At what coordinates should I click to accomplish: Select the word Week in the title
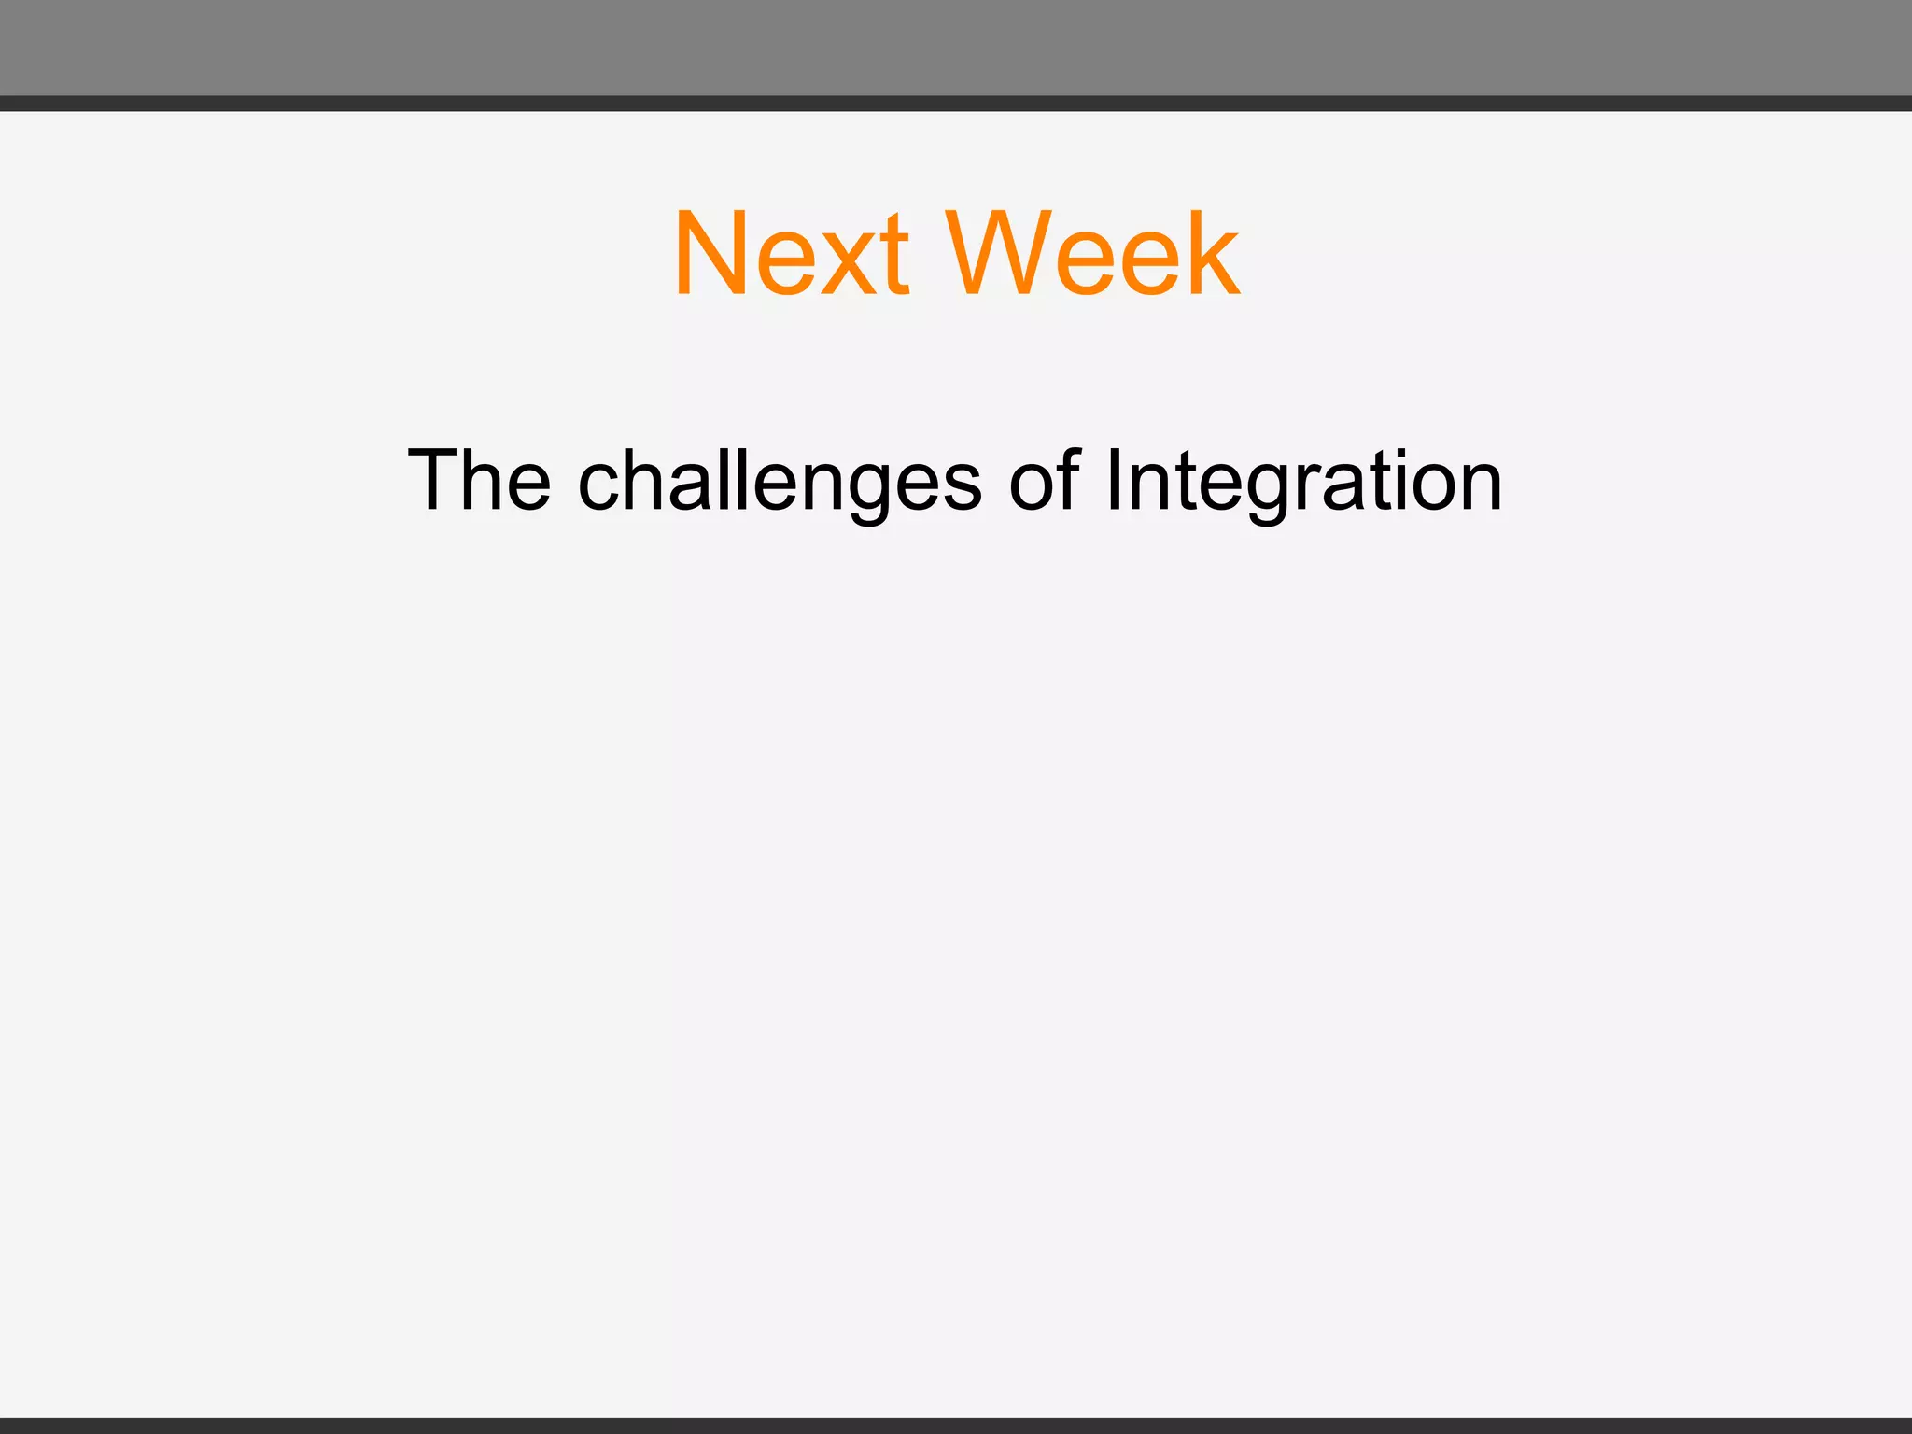point(1092,253)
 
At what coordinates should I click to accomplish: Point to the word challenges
point(780,482)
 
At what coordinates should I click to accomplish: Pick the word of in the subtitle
point(1044,480)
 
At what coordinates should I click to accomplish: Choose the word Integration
point(1303,482)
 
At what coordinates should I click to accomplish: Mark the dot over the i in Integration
point(1399,454)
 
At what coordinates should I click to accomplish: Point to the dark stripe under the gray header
point(956,104)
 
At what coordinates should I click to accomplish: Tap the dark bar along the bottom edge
point(956,1426)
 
